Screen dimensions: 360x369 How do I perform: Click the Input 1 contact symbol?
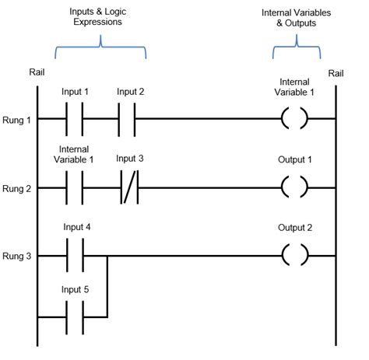[76, 120]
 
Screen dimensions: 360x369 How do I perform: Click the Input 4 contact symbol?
[76, 255]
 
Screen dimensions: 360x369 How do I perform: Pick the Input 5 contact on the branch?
[76, 317]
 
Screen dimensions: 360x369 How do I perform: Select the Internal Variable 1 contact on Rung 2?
[76, 187]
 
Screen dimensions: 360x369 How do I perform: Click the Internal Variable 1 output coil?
[293, 120]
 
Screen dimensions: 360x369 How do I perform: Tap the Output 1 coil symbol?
[293, 187]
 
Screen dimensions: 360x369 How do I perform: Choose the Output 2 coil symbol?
[293, 255]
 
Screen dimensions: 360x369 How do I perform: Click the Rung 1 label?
[16, 119]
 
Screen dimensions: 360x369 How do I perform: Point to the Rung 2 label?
[16, 187]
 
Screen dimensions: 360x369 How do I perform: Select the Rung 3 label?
[16, 255]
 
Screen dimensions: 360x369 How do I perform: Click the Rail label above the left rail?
[37, 75]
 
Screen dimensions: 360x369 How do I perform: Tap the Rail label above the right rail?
[336, 73]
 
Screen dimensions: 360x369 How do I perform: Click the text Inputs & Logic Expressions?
[100, 17]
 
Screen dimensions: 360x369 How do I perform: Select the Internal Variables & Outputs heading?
[294, 17]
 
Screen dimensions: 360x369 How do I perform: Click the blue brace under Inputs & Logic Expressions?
[100, 51]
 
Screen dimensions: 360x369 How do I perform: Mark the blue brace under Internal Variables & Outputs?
[295, 51]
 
